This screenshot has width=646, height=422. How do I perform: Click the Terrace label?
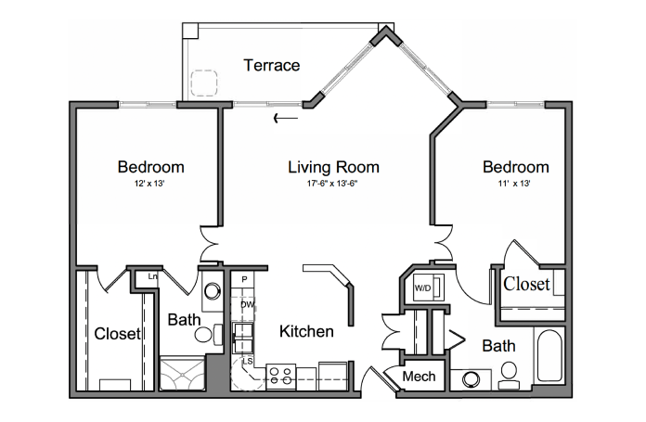(272, 65)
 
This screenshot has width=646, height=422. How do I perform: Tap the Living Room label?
(333, 167)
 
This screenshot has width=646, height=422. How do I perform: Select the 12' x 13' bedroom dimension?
(149, 184)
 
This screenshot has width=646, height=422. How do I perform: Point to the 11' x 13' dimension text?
(514, 184)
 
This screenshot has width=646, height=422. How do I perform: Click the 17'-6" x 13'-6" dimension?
(332, 184)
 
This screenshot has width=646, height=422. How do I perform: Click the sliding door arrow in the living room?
(286, 119)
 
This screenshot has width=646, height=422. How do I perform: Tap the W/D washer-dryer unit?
(429, 287)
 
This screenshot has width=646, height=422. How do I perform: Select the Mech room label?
(419, 377)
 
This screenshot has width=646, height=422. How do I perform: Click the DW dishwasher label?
(247, 305)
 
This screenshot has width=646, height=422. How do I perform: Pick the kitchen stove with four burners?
(281, 377)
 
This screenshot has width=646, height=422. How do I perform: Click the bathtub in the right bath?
(549, 355)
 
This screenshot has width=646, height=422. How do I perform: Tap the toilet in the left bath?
(209, 334)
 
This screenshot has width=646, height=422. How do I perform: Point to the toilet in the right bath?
(510, 376)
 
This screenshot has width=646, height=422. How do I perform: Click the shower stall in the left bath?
(182, 373)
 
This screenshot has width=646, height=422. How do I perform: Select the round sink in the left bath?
(213, 291)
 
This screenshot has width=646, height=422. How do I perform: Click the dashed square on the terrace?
(204, 83)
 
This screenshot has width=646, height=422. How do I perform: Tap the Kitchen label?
(306, 331)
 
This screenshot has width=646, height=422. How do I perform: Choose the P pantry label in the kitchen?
(244, 279)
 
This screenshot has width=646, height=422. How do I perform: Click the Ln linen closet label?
(152, 276)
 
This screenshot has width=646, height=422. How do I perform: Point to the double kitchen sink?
(243, 338)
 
